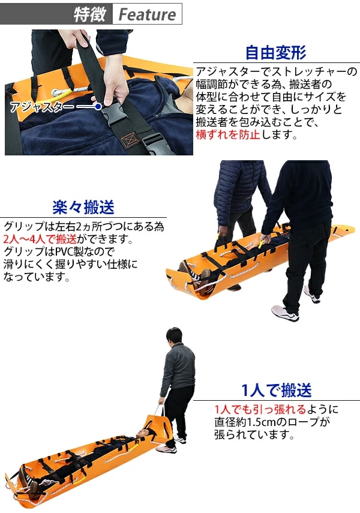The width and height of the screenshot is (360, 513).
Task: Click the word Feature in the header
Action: [x=147, y=14]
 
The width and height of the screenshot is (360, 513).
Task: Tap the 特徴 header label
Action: [x=89, y=14]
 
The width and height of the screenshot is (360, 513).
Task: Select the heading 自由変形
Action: [x=276, y=52]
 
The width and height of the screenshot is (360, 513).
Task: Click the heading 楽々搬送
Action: [x=83, y=207]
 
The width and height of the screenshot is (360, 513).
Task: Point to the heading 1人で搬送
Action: [x=277, y=390]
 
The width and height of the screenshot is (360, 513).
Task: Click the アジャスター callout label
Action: [x=42, y=107]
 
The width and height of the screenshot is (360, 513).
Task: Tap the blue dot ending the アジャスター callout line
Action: [x=98, y=107]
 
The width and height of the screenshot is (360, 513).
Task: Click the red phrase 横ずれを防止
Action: [x=228, y=134]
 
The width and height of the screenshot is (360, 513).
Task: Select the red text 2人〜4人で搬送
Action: [x=40, y=239]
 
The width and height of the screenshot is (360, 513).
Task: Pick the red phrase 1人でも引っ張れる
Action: [x=260, y=409]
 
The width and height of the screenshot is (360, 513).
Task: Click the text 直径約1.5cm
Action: [x=245, y=422]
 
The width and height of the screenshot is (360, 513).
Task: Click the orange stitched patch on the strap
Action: [x=130, y=139]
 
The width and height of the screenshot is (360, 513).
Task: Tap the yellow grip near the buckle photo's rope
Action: [x=62, y=95]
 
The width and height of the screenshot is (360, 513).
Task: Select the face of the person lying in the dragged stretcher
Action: [x=142, y=434]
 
